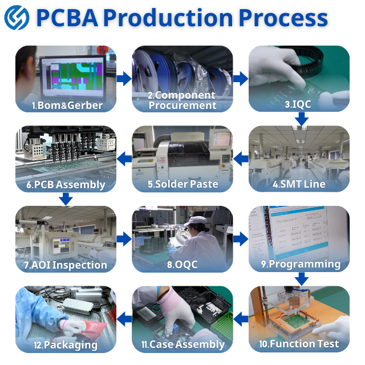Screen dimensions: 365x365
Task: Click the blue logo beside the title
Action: point(17,18)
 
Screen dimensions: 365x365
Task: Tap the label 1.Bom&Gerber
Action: point(67,105)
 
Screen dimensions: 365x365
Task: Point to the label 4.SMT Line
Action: point(299,184)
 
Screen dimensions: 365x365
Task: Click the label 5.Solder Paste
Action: point(182,184)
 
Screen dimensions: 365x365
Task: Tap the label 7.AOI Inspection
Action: point(66,265)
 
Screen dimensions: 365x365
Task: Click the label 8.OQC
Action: point(182,265)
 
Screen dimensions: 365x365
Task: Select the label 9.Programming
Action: point(301,264)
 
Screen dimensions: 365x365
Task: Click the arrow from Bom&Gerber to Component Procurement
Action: point(124,78)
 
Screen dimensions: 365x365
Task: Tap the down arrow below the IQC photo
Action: point(302,119)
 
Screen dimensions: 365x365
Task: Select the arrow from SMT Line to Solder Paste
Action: point(241,159)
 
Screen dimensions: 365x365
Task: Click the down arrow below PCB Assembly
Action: point(66,198)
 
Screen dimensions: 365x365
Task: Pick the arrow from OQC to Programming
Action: point(241,238)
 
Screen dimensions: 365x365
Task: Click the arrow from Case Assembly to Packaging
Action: point(124,318)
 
